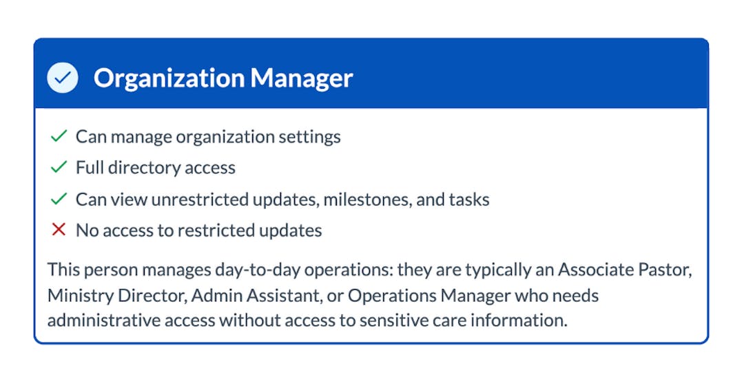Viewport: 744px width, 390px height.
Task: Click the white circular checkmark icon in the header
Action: [63, 78]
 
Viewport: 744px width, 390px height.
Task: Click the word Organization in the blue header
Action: [168, 78]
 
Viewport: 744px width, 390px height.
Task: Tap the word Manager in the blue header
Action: [301, 78]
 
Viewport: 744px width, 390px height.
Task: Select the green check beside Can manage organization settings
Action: [59, 136]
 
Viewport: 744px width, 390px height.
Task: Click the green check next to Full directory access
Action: [59, 167]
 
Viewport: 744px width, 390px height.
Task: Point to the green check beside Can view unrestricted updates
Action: [59, 199]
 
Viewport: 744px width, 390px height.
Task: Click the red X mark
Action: [59, 230]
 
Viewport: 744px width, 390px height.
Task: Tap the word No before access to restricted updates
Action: [87, 230]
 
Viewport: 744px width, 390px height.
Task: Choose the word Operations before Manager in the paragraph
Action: [391, 296]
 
